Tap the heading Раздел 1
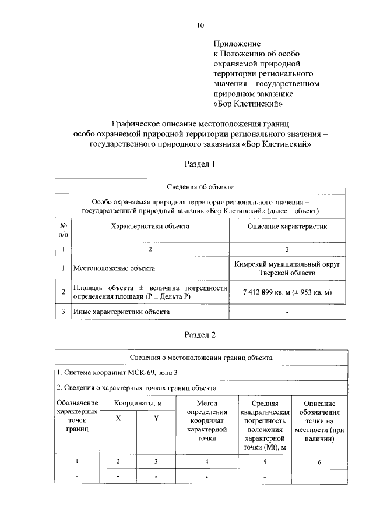[x=200, y=164]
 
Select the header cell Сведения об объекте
[x=200, y=186]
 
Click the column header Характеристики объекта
[x=150, y=225]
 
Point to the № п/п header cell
[x=63, y=229]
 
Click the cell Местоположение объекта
[x=114, y=268]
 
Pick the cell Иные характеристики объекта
[x=121, y=312]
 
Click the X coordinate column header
[x=118, y=418]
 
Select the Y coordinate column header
[x=156, y=418]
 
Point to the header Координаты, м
[x=137, y=403]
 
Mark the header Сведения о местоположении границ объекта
[x=200, y=357]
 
